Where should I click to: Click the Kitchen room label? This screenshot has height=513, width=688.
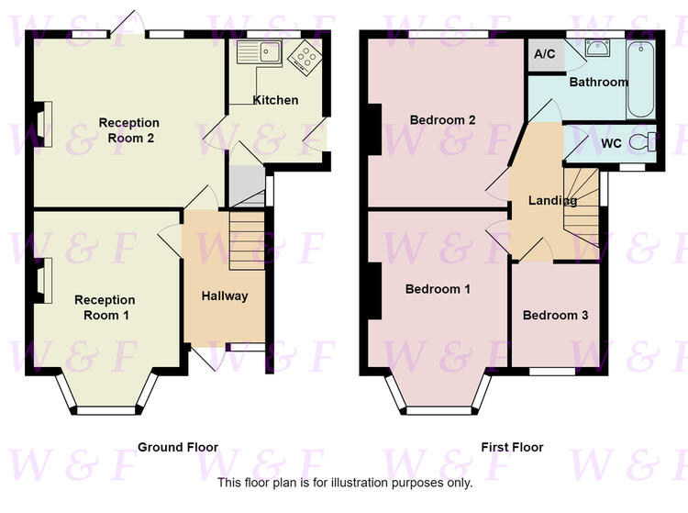tap(275, 100)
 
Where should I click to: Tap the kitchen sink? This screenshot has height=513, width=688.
tap(259, 52)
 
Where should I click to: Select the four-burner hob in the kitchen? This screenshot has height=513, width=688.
tap(305, 58)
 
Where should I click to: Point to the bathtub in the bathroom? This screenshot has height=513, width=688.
tap(641, 80)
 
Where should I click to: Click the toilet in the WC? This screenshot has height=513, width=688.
tap(642, 141)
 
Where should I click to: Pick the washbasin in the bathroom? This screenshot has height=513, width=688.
tap(597, 48)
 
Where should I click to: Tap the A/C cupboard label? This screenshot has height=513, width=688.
tap(545, 54)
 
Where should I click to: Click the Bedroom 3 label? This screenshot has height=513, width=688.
tap(556, 315)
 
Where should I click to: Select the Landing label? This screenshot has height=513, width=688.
tap(552, 201)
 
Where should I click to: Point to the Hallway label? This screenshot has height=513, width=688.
tap(225, 296)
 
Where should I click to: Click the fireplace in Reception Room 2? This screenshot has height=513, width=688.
tap(43, 124)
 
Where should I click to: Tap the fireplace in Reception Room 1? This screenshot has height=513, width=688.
tap(43, 281)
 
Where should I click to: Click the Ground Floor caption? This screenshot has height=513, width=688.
tap(178, 447)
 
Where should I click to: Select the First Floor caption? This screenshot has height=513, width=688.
tap(512, 447)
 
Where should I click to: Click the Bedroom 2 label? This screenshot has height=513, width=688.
tap(443, 120)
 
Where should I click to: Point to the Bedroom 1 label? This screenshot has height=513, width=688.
tap(438, 289)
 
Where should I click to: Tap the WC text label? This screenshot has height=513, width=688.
tap(611, 143)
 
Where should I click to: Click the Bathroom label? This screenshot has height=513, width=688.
tap(598, 82)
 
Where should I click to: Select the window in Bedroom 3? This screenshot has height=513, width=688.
tap(552, 372)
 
